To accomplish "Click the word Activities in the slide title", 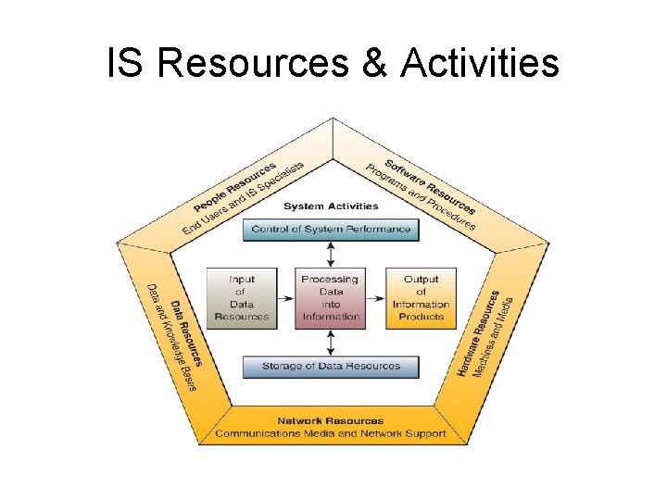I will pyautogui.click(x=481, y=64).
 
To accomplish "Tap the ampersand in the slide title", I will pyautogui.click(x=372, y=64).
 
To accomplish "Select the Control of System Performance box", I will pyautogui.click(x=331, y=229).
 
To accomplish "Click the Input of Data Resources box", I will pyautogui.click(x=242, y=297).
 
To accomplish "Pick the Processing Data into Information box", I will pyautogui.click(x=331, y=297).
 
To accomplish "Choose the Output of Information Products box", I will pyautogui.click(x=421, y=297).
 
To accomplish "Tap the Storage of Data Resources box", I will pyautogui.click(x=331, y=366).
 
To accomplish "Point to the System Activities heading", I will pyautogui.click(x=331, y=206).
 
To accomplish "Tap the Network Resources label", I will pyautogui.click(x=331, y=421).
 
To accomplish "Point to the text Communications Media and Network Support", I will pyautogui.click(x=331, y=433).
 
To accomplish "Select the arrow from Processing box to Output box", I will pyautogui.click(x=376, y=298).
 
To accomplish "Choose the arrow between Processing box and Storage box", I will pyautogui.click(x=331, y=342).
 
